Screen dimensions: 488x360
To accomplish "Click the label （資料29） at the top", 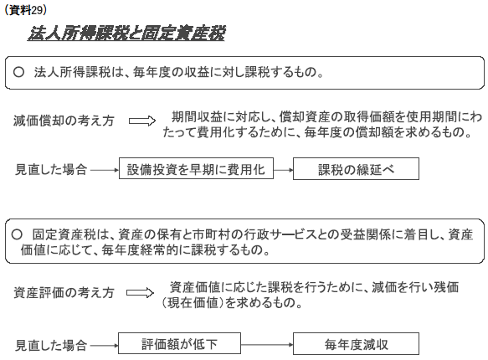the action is click(25, 10).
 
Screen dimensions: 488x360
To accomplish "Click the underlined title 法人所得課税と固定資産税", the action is click(126, 33).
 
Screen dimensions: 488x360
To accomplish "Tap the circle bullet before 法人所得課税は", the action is click(18, 72).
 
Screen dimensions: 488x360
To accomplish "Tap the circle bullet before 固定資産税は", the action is click(17, 234).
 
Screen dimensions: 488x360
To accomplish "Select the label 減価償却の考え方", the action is click(64, 121).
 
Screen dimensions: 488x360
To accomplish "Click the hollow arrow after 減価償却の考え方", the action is click(142, 121).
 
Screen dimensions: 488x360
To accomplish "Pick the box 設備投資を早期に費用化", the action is click(196, 168).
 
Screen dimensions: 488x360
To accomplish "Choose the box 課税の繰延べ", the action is click(356, 168).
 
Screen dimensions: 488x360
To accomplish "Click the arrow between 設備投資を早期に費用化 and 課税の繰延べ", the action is click(283, 170).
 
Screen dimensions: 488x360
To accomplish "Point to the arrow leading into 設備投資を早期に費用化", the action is click(105, 170).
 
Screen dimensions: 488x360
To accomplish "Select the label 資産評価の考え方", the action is click(64, 293).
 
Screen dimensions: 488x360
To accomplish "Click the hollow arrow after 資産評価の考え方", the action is click(140, 293).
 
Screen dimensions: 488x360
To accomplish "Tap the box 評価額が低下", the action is click(179, 343).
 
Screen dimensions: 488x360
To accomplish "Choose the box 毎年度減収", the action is click(356, 343).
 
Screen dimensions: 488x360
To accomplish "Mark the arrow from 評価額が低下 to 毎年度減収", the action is click(267, 344).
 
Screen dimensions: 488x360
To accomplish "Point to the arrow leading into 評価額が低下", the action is click(104, 345).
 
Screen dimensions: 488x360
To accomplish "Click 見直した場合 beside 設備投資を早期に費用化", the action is click(51, 170).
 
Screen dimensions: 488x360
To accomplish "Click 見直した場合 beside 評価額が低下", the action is click(51, 345).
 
